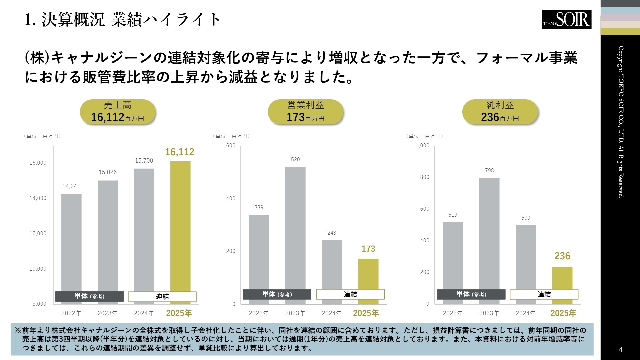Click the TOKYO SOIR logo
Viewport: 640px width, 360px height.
pyautogui.click(x=566, y=19)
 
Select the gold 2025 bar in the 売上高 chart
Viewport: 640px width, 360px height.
pyautogui.click(x=180, y=227)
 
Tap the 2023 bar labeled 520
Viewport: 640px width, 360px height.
pyautogui.click(x=295, y=227)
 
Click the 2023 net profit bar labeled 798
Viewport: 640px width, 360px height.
pyautogui.click(x=489, y=233)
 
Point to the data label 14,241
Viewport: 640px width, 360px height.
pyautogui.click(x=71, y=186)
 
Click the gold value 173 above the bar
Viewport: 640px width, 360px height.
pyautogui.click(x=368, y=249)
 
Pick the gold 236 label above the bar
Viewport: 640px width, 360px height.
pyautogui.click(x=562, y=256)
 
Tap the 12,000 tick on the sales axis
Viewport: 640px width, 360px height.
pyautogui.click(x=38, y=233)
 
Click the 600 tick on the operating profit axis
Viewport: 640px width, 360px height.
pyautogui.click(x=231, y=146)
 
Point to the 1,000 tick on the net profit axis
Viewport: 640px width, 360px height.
pyautogui.click(x=422, y=146)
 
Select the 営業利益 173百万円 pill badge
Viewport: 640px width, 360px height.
pyautogui.click(x=306, y=112)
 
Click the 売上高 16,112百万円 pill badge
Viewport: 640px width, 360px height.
pyautogui.click(x=118, y=112)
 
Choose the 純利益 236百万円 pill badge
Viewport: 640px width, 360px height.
pyautogui.click(x=500, y=112)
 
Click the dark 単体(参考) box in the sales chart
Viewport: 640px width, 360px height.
pyautogui.click(x=89, y=296)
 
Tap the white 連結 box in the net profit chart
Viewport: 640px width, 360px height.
pyautogui.click(x=544, y=294)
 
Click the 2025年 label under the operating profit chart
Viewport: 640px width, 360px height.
pyautogui.click(x=366, y=313)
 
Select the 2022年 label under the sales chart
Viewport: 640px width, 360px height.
pyautogui.click(x=71, y=313)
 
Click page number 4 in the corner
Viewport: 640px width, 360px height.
pyautogui.click(x=620, y=350)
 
